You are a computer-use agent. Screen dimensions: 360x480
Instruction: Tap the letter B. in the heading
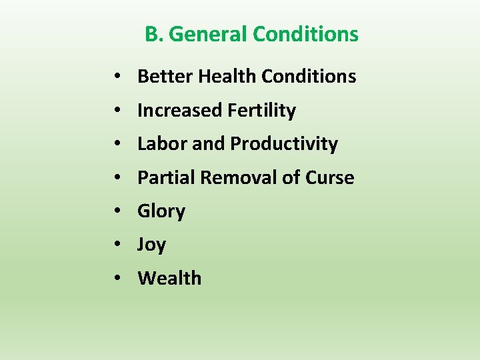[154, 34]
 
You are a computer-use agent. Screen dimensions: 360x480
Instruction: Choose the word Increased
[180, 111]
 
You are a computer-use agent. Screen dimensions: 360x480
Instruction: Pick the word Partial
[166, 178]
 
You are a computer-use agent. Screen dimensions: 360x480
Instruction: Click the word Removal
[239, 178]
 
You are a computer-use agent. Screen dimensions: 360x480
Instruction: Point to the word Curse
[329, 178]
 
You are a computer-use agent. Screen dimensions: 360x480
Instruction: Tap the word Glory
[161, 211]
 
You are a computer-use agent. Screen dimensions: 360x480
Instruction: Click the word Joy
[151, 245]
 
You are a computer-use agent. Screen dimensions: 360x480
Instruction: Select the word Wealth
[169, 279]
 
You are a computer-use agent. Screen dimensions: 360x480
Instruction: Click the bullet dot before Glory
[117, 212]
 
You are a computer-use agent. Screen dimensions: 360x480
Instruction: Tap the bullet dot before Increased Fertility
[117, 111]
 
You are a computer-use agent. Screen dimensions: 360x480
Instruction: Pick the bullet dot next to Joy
[117, 245]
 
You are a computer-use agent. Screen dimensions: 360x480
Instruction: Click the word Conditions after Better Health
[309, 77]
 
